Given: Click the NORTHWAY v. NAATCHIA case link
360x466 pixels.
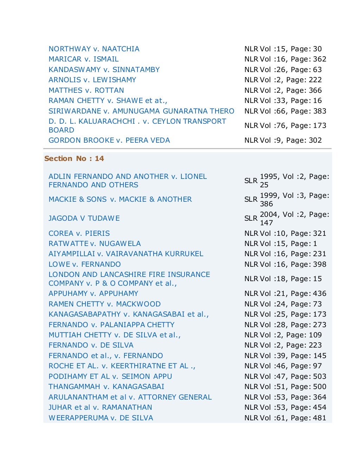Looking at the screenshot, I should coord(94,49).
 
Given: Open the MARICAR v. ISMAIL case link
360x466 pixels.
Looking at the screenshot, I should coord(83,59).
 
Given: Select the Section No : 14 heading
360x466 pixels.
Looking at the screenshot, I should coord(74,158).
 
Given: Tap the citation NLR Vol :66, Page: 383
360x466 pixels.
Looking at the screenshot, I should coord(285,111).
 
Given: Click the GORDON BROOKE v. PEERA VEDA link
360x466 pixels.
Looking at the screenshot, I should coord(109,140).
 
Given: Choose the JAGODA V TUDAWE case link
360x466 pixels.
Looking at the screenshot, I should coord(84,218).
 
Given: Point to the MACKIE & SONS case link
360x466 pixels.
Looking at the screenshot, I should coord(120,199).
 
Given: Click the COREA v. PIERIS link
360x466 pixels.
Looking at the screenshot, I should coord(79,233).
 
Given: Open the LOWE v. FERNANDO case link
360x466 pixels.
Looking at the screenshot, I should coord(84,264).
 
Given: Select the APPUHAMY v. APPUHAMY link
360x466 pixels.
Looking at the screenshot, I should coord(93,293).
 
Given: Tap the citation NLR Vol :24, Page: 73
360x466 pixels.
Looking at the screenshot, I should coord(283,304).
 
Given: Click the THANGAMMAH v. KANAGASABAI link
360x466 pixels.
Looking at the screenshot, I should coord(106,387).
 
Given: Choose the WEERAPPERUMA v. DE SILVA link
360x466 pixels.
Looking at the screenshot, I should coord(101,418).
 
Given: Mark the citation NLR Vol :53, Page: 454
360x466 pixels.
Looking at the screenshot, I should coord(285,407).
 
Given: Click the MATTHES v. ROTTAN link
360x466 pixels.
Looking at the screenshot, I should coord(86,90).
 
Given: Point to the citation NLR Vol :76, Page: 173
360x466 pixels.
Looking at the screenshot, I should coord(285,125).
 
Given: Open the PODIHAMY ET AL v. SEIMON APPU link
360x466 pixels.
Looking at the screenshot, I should coord(110,376).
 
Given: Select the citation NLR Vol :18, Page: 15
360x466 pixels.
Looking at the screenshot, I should coord(283,279).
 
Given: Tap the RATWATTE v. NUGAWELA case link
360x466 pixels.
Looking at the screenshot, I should coord(95,244).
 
